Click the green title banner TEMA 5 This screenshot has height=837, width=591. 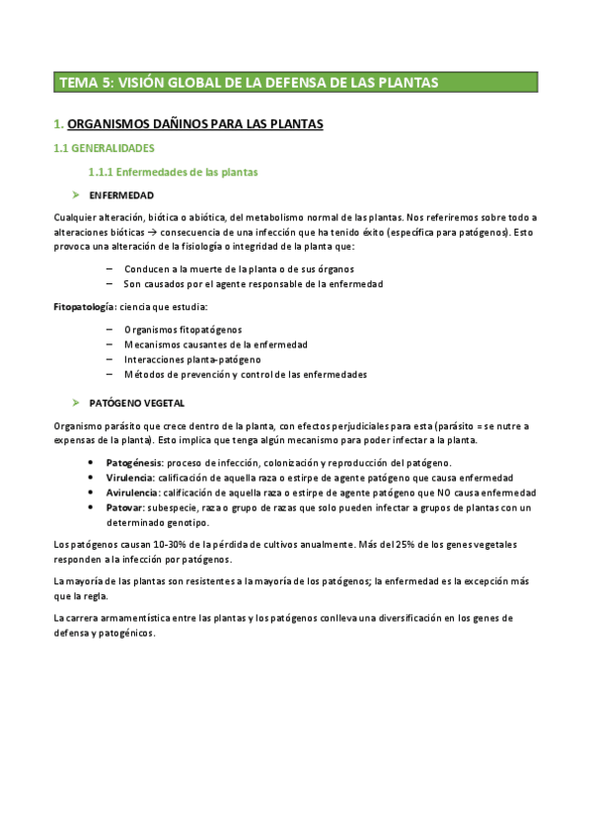295,82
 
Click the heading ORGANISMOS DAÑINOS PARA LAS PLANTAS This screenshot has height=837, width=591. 194,124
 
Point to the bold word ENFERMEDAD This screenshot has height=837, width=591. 121,194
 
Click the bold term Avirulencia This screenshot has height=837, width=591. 133,493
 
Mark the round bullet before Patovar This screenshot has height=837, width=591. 91,507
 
